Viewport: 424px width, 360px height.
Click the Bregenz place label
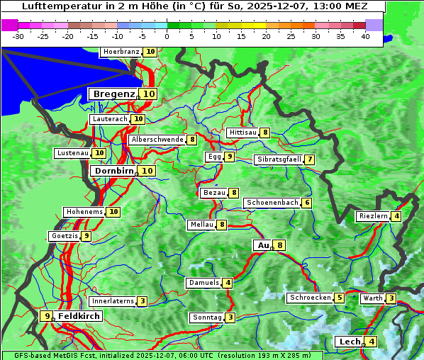point(113,94)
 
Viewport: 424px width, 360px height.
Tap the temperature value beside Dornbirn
point(147,171)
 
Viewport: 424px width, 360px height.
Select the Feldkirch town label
point(79,316)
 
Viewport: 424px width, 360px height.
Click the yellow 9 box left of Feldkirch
point(47,316)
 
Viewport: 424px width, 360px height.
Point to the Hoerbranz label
point(121,52)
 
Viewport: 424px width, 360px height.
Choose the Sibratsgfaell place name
point(279,159)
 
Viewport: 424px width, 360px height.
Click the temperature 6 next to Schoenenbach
point(306,203)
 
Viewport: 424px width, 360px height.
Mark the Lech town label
point(350,342)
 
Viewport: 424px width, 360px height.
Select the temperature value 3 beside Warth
point(391,298)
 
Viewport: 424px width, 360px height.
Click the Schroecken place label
point(310,298)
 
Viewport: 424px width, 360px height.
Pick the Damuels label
point(203,283)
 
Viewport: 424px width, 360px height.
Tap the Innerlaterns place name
point(113,301)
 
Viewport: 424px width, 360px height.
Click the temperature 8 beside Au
point(280,245)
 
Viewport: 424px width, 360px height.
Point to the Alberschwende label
point(157,140)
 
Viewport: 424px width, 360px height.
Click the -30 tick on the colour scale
point(19,36)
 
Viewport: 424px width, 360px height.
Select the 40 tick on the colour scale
point(365,36)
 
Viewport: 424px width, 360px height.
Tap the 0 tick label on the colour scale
point(167,36)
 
